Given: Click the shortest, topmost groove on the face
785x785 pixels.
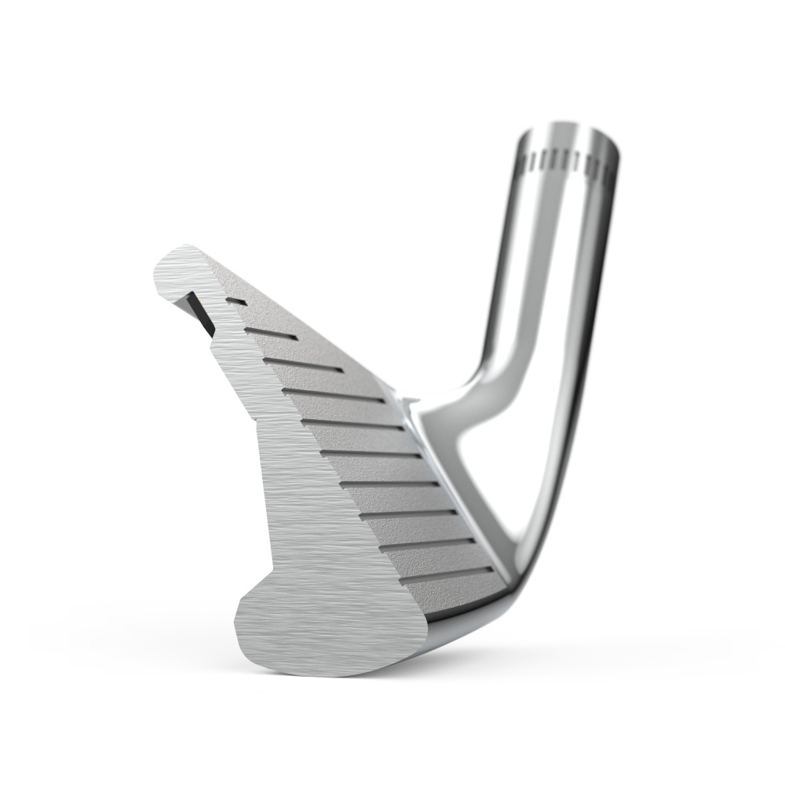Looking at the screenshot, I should tap(235, 301).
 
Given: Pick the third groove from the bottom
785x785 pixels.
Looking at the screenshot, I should tap(408, 515).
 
